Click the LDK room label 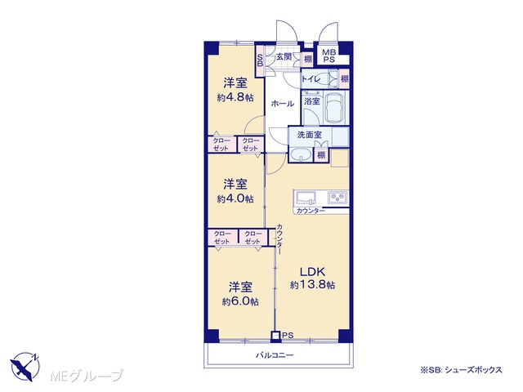pos(312,272)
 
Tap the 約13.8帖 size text pos(312,285)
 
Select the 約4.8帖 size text pos(235,98)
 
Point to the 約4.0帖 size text pos(235,199)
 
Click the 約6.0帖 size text pos(240,301)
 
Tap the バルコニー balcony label pos(275,355)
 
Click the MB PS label pos(329,56)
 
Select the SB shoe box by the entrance pos(260,60)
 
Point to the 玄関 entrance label pos(284,56)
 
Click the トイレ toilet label pos(311,79)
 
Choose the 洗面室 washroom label pos(310,135)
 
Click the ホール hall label pos(282,104)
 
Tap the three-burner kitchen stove pos(338,198)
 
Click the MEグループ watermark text pos(86,376)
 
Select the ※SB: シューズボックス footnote pos(461,370)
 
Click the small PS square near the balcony pos(275,336)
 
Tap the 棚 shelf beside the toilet pos(344,79)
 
